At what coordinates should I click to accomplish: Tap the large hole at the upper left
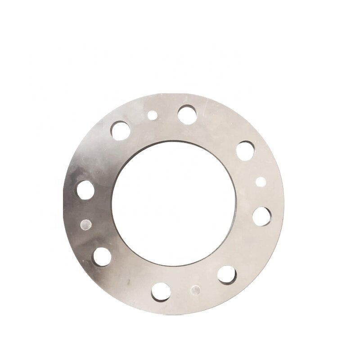(121, 130)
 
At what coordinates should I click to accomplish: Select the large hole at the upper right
(244, 149)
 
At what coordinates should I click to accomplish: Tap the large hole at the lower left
(102, 256)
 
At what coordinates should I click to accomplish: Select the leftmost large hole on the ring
(85, 190)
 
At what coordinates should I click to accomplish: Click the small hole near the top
(152, 116)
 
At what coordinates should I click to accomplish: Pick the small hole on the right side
(261, 182)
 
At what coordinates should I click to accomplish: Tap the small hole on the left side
(85, 223)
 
